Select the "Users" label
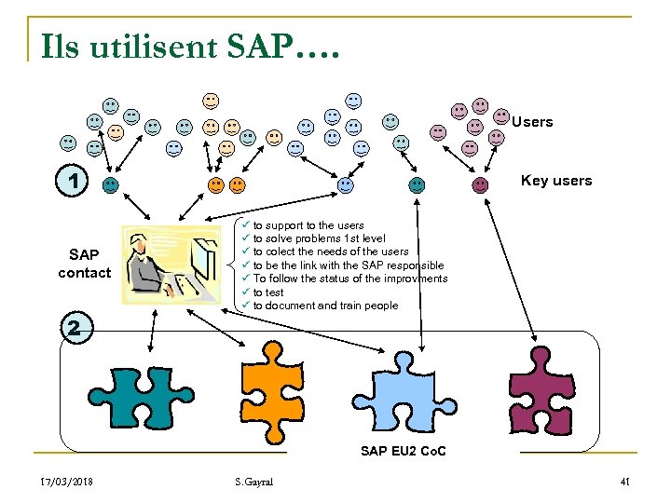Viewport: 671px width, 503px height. (532, 122)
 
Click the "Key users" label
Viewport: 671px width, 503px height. (555, 181)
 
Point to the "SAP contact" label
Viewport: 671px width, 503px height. (84, 264)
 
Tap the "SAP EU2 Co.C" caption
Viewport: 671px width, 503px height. (403, 451)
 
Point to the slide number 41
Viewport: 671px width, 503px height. (624, 481)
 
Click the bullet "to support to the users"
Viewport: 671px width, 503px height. (308, 225)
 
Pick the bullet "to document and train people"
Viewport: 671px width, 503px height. (324, 306)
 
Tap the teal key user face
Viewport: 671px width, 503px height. (111, 185)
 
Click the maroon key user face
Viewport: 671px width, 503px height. (480, 184)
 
